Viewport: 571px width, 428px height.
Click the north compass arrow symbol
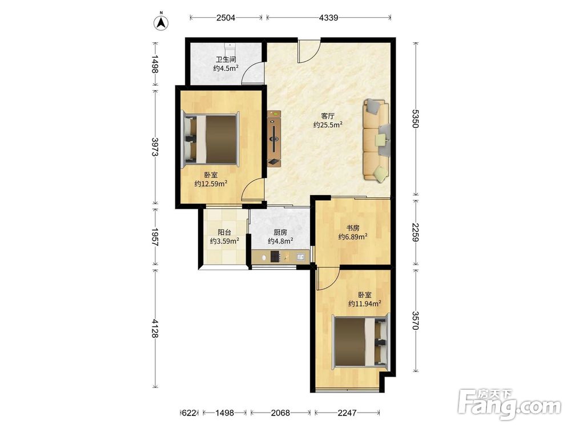click(160, 23)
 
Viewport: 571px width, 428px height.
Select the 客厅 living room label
click(328, 116)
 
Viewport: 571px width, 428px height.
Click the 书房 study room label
click(352, 228)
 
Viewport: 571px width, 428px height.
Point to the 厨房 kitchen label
click(280, 232)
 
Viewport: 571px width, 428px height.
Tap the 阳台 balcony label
click(224, 232)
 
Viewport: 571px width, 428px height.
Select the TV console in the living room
click(275, 139)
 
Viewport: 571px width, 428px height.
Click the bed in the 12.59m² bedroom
click(211, 139)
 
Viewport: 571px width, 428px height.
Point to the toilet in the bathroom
click(230, 47)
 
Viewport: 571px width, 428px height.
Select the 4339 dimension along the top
click(328, 17)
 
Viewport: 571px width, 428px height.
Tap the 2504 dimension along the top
click(226, 17)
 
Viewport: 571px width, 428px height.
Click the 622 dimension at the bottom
click(189, 413)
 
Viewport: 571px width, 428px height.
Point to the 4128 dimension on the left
click(155, 328)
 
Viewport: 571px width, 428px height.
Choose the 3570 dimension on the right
click(416, 320)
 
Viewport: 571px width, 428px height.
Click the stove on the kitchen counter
click(275, 257)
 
